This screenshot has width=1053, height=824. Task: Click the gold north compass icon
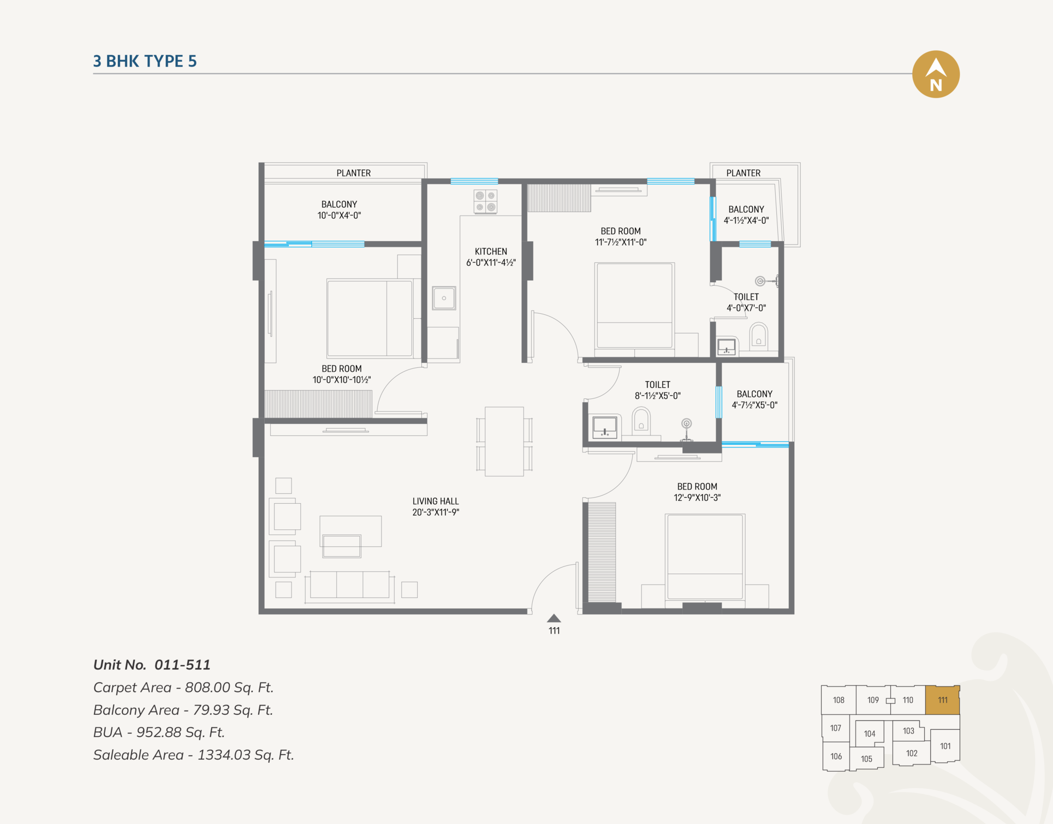click(x=936, y=74)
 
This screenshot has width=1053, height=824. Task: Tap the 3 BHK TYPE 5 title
click(x=145, y=61)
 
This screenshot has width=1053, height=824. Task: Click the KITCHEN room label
click(x=491, y=252)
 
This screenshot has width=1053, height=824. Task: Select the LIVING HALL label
click(x=436, y=501)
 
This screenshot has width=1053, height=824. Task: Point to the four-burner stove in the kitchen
click(x=485, y=201)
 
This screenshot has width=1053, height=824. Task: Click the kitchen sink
click(x=444, y=298)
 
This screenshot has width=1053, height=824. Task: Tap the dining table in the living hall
click(x=504, y=441)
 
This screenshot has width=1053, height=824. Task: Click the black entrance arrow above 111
click(x=554, y=618)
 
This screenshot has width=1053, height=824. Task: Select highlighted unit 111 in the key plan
click(x=943, y=700)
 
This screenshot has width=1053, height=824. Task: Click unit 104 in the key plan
click(x=870, y=733)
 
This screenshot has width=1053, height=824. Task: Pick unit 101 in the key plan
click(x=945, y=746)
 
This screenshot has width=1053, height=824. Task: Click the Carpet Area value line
click(x=183, y=687)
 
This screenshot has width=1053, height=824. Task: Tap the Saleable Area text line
click(x=194, y=755)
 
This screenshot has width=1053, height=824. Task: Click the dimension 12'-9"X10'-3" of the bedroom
click(x=697, y=498)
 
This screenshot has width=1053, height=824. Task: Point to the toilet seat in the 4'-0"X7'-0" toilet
click(x=759, y=336)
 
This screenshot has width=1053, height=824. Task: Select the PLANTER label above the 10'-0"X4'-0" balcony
click(x=354, y=173)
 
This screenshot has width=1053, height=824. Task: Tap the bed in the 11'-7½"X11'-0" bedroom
click(x=634, y=306)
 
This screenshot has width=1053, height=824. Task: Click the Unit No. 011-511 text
click(x=152, y=665)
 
